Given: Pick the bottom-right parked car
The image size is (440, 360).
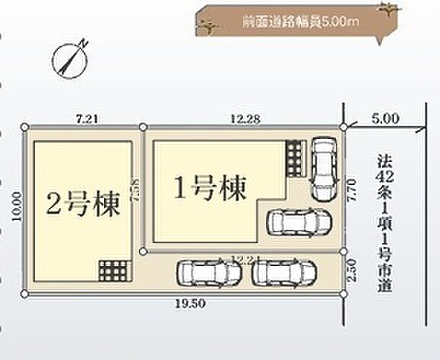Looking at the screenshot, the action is [x=284, y=273].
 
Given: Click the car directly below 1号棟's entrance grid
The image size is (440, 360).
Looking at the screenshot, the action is [x=297, y=222].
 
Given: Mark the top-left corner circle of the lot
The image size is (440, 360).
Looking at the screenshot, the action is [x=26, y=127].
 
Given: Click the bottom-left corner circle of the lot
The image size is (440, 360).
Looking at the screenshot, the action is [x=26, y=293].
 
